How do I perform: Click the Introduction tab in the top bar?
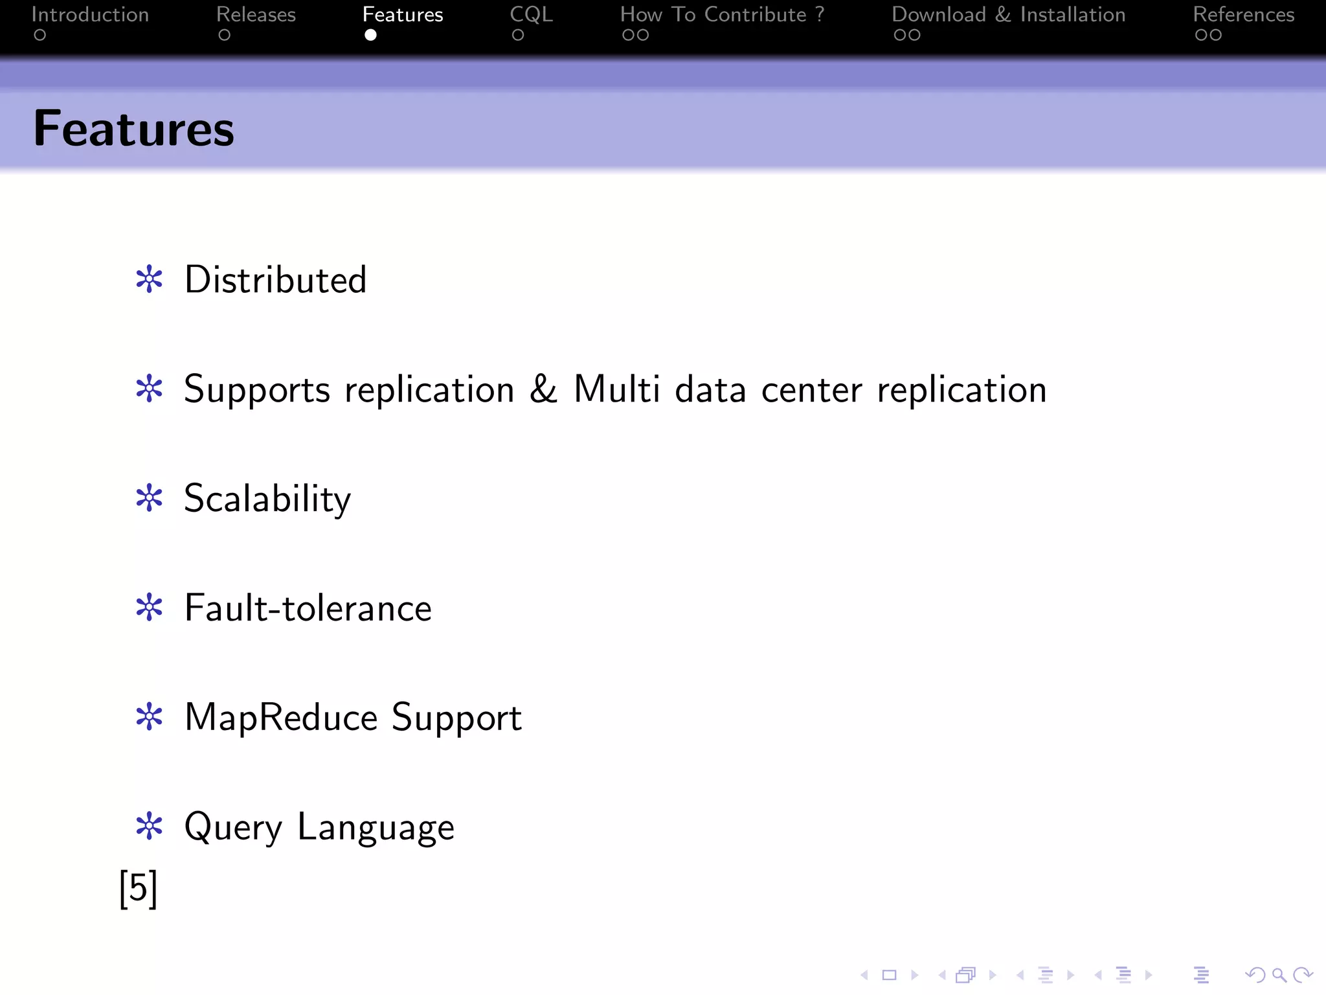(90, 15)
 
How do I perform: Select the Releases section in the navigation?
(256, 15)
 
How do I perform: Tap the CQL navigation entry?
(531, 15)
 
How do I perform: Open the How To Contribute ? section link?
(722, 15)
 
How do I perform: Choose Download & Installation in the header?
(1008, 15)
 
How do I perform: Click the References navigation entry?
(1243, 15)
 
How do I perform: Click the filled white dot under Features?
(370, 35)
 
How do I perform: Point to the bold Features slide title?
(134, 128)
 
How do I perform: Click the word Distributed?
(276, 280)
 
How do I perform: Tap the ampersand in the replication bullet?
(543, 389)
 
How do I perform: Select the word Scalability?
(267, 499)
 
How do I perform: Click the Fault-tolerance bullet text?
(308, 608)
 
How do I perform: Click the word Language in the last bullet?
(376, 827)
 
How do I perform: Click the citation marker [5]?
(139, 888)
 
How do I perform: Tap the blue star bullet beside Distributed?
(150, 280)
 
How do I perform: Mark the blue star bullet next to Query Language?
(150, 827)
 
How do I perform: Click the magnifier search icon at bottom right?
(1279, 975)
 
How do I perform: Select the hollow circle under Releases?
(224, 35)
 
